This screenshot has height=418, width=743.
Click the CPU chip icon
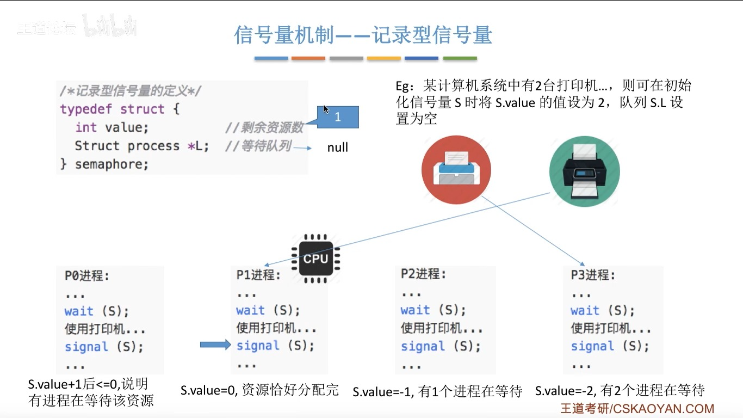click(x=315, y=259)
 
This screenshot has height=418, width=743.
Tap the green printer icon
click(x=584, y=170)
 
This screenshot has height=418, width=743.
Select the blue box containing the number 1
click(x=338, y=117)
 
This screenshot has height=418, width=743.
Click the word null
click(x=337, y=147)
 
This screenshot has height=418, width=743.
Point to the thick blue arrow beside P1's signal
click(x=215, y=345)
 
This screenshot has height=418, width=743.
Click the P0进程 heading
click(x=87, y=276)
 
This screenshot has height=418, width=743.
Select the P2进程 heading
click(x=423, y=274)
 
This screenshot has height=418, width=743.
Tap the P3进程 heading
click(x=593, y=275)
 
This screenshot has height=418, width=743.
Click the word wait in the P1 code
click(x=250, y=310)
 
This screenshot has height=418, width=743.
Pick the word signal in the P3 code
click(x=592, y=346)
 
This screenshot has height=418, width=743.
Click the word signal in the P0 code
click(x=86, y=347)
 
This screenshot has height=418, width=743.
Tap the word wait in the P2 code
click(x=415, y=310)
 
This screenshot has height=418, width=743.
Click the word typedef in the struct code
click(x=86, y=109)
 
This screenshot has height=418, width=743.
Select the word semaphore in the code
click(x=112, y=164)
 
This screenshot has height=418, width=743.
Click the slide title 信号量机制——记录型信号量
click(x=363, y=35)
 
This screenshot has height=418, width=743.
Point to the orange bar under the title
click(x=308, y=58)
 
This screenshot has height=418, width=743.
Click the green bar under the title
click(x=460, y=58)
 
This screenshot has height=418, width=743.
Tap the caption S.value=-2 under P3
click(x=620, y=390)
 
